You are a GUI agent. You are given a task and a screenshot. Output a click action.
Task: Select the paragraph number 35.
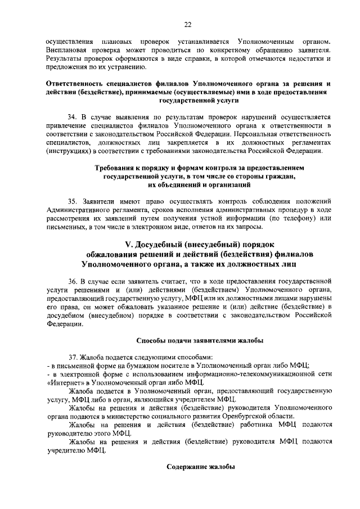(72, 201)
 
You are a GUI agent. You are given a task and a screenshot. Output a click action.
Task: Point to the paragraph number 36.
(72, 280)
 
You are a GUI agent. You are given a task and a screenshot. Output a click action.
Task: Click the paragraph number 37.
(72, 357)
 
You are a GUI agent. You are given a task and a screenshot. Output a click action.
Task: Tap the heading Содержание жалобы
(200, 467)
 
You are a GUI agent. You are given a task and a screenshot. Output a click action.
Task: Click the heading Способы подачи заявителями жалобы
(200, 340)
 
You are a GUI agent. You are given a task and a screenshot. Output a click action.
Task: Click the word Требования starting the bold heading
(122, 168)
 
